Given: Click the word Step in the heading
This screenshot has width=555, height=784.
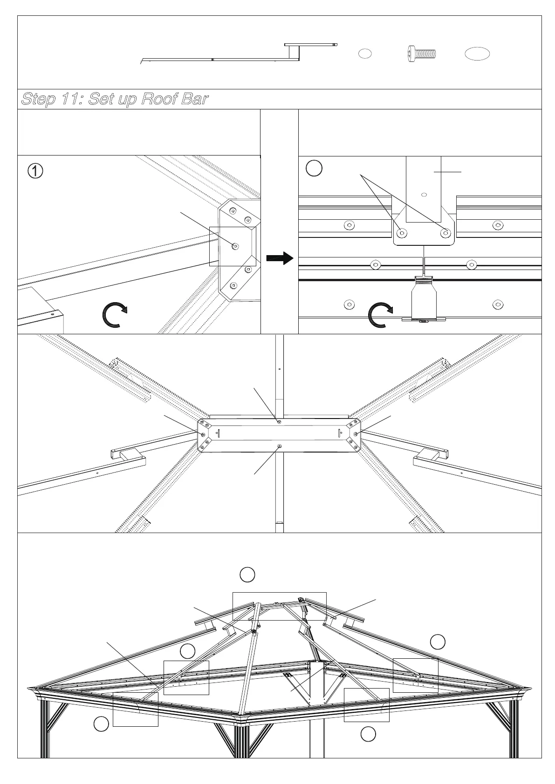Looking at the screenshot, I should click(x=39, y=99).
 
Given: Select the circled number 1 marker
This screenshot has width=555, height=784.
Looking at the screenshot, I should click(x=35, y=171).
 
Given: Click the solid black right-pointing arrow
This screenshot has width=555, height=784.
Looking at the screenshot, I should click(x=280, y=258).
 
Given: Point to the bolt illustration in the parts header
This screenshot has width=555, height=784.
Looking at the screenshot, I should click(x=421, y=53).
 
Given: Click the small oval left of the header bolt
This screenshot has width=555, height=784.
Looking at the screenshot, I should click(x=365, y=54).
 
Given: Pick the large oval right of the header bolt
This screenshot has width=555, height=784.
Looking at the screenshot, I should click(x=477, y=54).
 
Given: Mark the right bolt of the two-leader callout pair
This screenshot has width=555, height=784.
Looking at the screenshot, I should click(x=445, y=232).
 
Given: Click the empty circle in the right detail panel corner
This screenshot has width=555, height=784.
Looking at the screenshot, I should click(x=315, y=169).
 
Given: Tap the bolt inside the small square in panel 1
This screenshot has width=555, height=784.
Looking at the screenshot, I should click(x=235, y=246).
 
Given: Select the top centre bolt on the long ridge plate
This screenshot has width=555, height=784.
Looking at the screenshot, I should click(x=279, y=422).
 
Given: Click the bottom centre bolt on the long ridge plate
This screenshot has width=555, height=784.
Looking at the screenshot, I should click(x=279, y=446).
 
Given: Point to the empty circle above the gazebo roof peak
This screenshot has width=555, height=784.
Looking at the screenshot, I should click(x=247, y=574).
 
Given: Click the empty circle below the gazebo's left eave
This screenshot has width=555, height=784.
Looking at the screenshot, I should click(x=101, y=724).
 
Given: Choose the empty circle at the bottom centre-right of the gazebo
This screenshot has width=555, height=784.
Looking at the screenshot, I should click(x=368, y=734).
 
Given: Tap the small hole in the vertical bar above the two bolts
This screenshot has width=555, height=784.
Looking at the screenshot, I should click(x=424, y=194).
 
